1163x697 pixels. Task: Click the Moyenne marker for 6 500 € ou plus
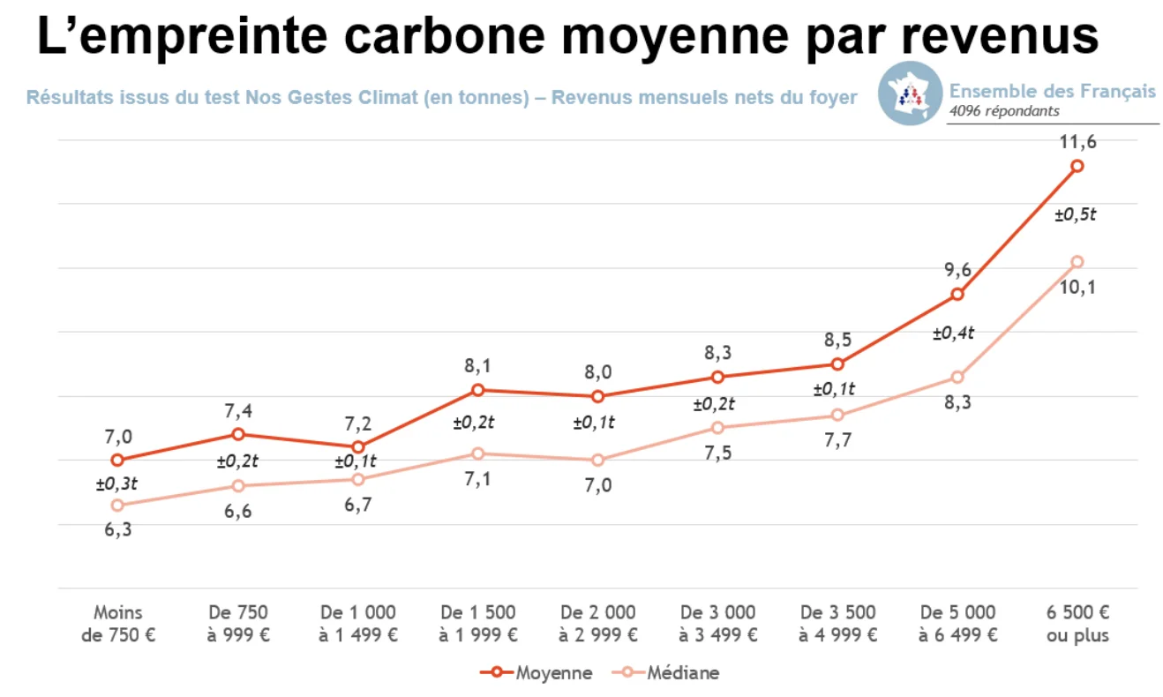[x=1077, y=166]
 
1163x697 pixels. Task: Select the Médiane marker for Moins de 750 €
[x=117, y=506]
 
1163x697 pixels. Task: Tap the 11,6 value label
[x=1077, y=141]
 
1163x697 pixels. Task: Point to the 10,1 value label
[x=1077, y=287]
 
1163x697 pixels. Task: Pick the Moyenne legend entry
[x=536, y=673]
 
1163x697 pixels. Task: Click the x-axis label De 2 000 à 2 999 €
[x=597, y=623]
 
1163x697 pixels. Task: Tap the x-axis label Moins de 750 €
[x=117, y=623]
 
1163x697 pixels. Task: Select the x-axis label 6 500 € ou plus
[x=1077, y=623]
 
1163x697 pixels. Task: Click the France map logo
[x=911, y=94]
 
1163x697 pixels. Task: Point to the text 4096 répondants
[x=1004, y=111]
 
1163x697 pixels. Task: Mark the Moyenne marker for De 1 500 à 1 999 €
[x=477, y=390]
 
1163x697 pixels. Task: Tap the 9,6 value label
[x=957, y=270]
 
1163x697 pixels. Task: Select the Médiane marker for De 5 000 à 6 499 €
[x=957, y=378]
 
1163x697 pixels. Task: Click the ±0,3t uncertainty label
[x=117, y=483]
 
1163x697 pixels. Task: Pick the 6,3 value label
[x=117, y=530]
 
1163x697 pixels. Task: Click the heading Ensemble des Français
[x=1052, y=91]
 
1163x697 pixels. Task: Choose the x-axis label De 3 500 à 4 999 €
[x=837, y=623]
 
